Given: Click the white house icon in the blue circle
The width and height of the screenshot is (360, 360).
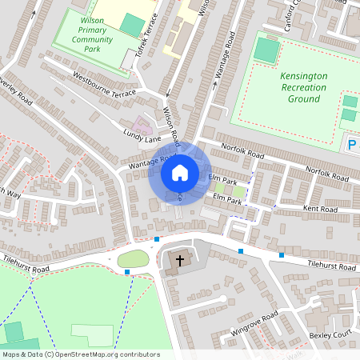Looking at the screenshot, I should pyautogui.click(x=179, y=172).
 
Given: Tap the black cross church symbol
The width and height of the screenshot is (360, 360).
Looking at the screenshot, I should pyautogui.click(x=180, y=261).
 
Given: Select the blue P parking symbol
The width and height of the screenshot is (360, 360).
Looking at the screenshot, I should pyautogui.click(x=351, y=145).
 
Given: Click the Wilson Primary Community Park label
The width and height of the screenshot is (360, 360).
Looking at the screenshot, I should pyautogui.click(x=92, y=32).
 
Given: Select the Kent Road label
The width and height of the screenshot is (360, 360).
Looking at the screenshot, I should pyautogui.click(x=321, y=209).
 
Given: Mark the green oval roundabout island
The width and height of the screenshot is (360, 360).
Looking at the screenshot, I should pyautogui.click(x=133, y=258).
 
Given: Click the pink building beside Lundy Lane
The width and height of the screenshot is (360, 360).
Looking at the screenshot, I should pyautogui.click(x=143, y=125).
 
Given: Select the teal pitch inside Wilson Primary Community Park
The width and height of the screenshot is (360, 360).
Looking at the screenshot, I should pyautogui.click(x=130, y=23).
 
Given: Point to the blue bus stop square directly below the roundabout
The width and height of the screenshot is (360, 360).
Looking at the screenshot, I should pyautogui.click(x=127, y=272).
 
